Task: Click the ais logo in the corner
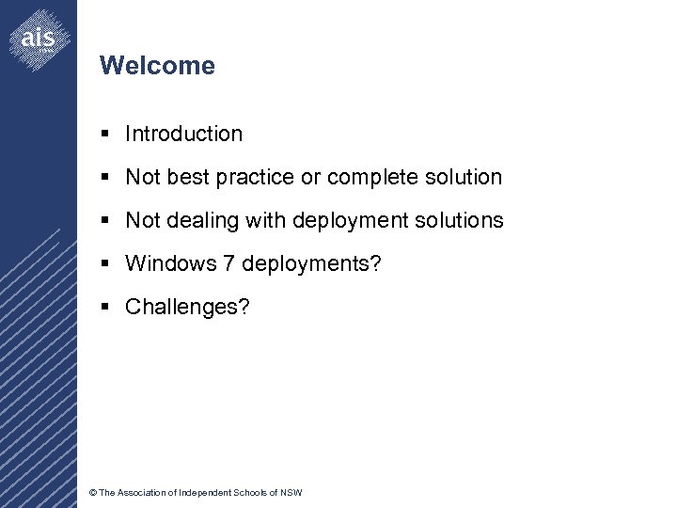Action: coord(38,39)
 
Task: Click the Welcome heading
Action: coord(157,66)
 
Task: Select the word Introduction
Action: coord(183,134)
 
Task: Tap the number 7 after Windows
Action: coord(228,263)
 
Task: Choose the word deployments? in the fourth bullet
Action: coord(311,263)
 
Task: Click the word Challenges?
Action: coord(187,307)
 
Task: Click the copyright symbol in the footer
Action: coord(91,493)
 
